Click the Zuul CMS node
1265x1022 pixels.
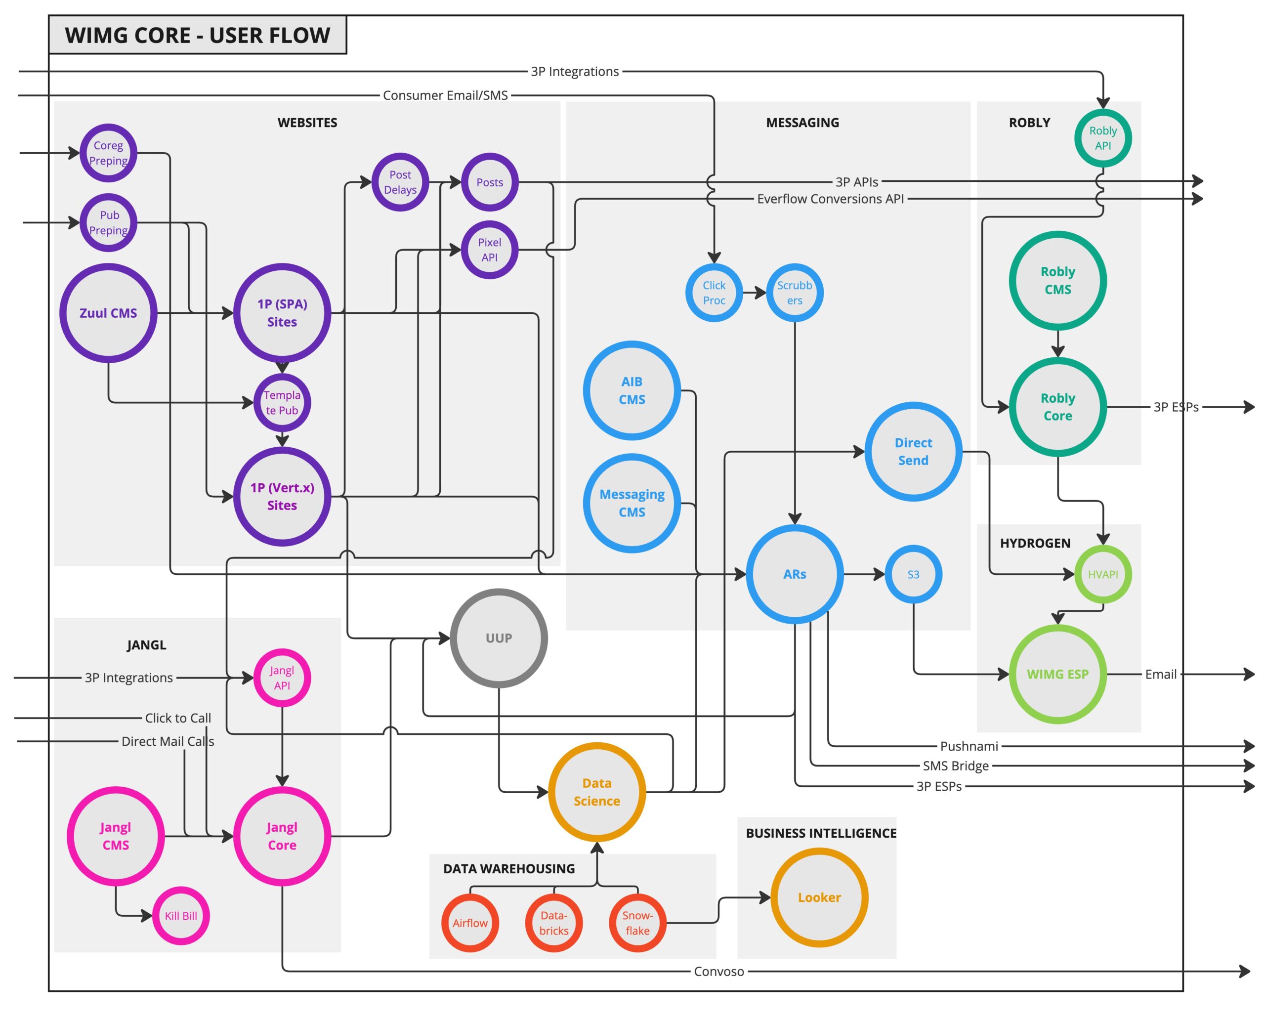coord(108,313)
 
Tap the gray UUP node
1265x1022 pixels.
coord(499,638)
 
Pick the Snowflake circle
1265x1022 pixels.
coord(637,923)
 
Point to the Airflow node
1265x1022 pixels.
coord(470,923)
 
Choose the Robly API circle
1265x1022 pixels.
coord(1102,138)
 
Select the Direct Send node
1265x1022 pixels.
coord(913,452)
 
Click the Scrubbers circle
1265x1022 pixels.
coord(794,293)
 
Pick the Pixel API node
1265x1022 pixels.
coord(489,250)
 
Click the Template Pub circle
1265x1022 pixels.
coord(282,403)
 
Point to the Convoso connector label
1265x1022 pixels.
coord(719,972)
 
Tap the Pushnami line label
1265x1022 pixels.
coord(969,746)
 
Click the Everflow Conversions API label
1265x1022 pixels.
coord(830,199)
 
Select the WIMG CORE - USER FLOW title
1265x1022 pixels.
coord(197,35)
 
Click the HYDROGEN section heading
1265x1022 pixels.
coord(1035,543)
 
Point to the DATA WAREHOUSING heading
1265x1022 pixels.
coord(508,868)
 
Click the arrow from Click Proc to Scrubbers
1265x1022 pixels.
coord(754,293)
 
